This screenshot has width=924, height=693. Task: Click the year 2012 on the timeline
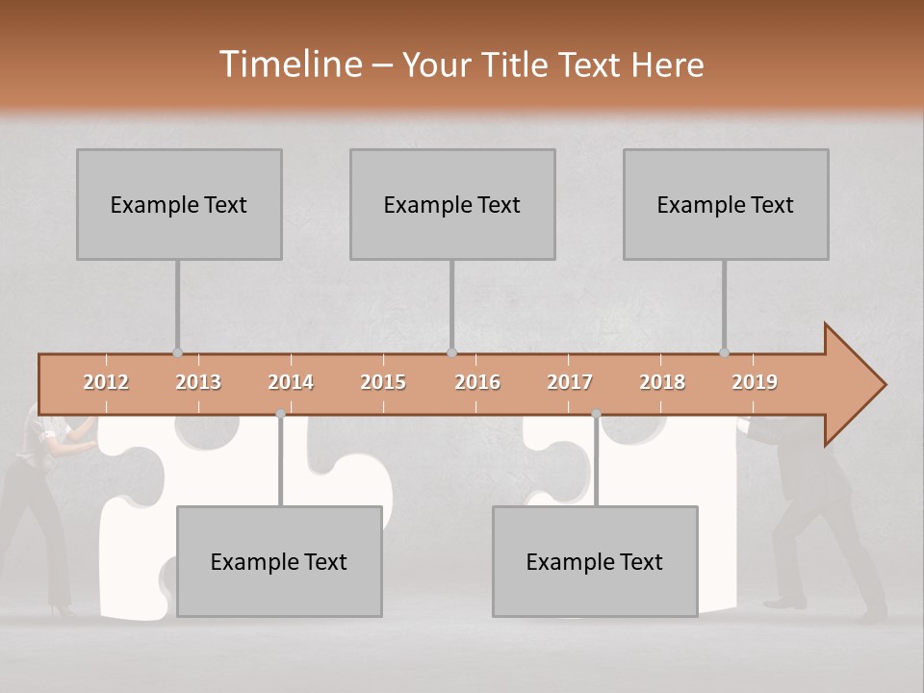106,382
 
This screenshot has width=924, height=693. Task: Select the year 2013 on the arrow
198,382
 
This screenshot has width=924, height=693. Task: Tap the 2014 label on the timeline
291,382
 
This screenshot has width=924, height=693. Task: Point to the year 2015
383,382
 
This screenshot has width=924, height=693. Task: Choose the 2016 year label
477,382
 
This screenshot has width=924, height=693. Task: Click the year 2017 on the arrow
570,382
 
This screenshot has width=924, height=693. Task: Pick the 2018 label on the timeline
662,382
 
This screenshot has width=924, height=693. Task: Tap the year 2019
755,382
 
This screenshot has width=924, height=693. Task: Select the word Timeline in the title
288,64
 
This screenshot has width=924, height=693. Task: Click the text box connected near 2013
179,204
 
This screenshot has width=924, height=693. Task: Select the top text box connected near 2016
452,204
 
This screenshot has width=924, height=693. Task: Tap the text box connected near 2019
726,204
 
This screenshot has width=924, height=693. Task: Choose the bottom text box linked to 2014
279,561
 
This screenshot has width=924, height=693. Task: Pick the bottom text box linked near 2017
595,561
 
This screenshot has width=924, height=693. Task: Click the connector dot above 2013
177,352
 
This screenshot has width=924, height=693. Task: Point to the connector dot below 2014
280,414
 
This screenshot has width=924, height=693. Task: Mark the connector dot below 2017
596,414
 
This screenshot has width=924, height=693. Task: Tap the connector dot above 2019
724,352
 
